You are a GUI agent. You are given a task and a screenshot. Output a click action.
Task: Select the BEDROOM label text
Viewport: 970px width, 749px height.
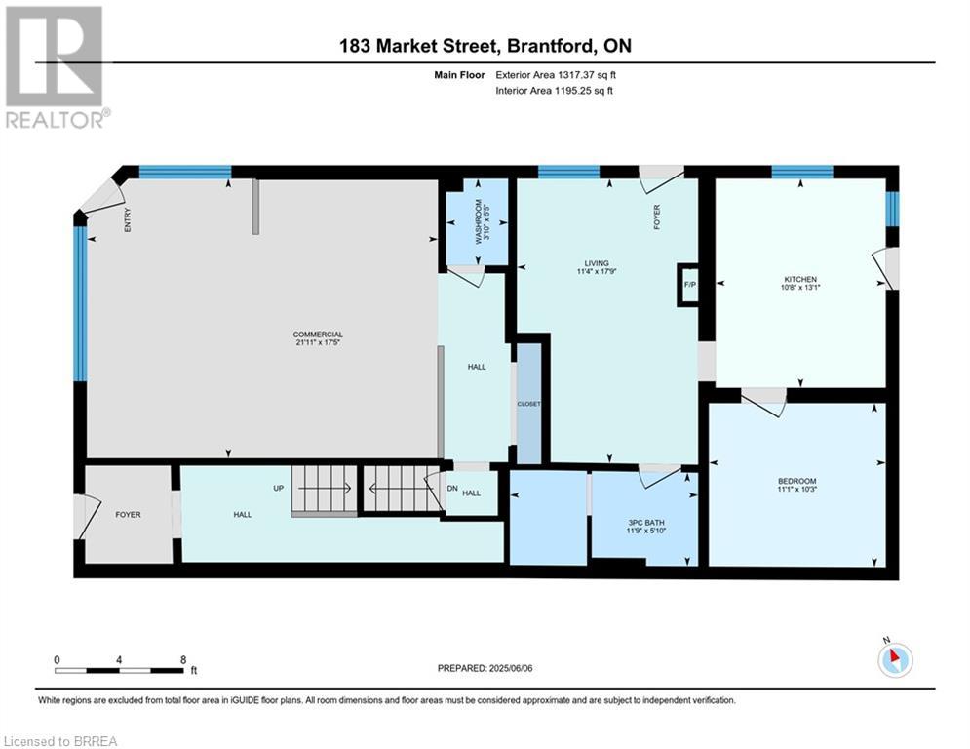pyautogui.click(x=796, y=482)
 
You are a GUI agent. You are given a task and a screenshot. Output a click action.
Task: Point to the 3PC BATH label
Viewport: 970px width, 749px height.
pyautogui.click(x=645, y=522)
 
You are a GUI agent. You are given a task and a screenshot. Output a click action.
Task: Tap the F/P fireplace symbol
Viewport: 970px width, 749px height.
pyautogui.click(x=689, y=285)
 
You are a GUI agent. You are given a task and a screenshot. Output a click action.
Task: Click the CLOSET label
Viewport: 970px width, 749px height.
pyautogui.click(x=528, y=404)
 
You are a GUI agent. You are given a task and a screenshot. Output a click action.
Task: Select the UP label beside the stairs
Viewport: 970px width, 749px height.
pyautogui.click(x=278, y=488)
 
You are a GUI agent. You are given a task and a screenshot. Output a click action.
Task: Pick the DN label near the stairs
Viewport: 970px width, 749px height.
pyautogui.click(x=452, y=488)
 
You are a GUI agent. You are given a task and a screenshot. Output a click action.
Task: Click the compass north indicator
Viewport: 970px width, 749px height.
pyautogui.click(x=894, y=659)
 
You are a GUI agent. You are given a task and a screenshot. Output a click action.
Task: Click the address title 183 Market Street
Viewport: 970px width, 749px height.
pyautogui.click(x=485, y=46)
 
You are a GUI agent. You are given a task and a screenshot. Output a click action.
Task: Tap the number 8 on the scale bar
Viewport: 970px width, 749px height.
pyautogui.click(x=183, y=659)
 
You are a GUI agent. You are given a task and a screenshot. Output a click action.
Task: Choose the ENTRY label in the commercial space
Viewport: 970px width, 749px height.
pyautogui.click(x=128, y=222)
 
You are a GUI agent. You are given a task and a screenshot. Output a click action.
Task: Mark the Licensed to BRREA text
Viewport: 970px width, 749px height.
pyautogui.click(x=60, y=741)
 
